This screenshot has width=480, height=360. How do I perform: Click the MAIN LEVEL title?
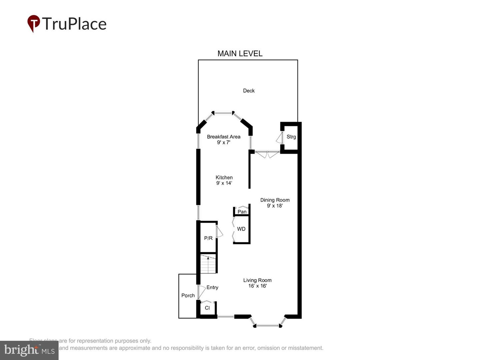pyautogui.click(x=240, y=53)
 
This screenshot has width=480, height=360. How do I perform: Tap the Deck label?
pyautogui.click(x=249, y=91)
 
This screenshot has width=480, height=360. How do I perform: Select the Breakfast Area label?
pyautogui.click(x=223, y=137)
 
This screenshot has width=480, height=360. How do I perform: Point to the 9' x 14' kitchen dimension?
pyautogui.click(x=224, y=183)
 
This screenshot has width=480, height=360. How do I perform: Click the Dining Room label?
pyautogui.click(x=275, y=200)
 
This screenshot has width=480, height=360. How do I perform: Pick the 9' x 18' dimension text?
pyautogui.click(x=275, y=206)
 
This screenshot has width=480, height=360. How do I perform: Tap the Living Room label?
pyautogui.click(x=257, y=280)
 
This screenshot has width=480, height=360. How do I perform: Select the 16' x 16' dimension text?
pyautogui.click(x=257, y=286)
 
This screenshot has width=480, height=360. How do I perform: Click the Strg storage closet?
pyautogui.click(x=291, y=137)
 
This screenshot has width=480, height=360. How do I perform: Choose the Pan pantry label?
pyautogui.click(x=242, y=212)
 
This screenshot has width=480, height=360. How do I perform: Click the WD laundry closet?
pyautogui.click(x=241, y=229)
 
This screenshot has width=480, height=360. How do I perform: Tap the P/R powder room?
pyautogui.click(x=208, y=238)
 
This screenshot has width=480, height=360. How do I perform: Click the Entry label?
pyautogui.click(x=212, y=287)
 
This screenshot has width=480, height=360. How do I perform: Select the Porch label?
pyautogui.click(x=188, y=295)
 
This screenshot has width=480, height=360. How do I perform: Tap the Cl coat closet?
pyautogui.click(x=207, y=308)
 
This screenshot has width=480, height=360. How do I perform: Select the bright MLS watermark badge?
pyautogui.click(x=29, y=350)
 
